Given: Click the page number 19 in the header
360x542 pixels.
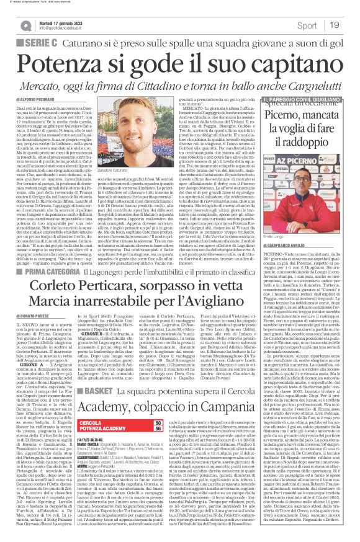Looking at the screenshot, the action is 350,25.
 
